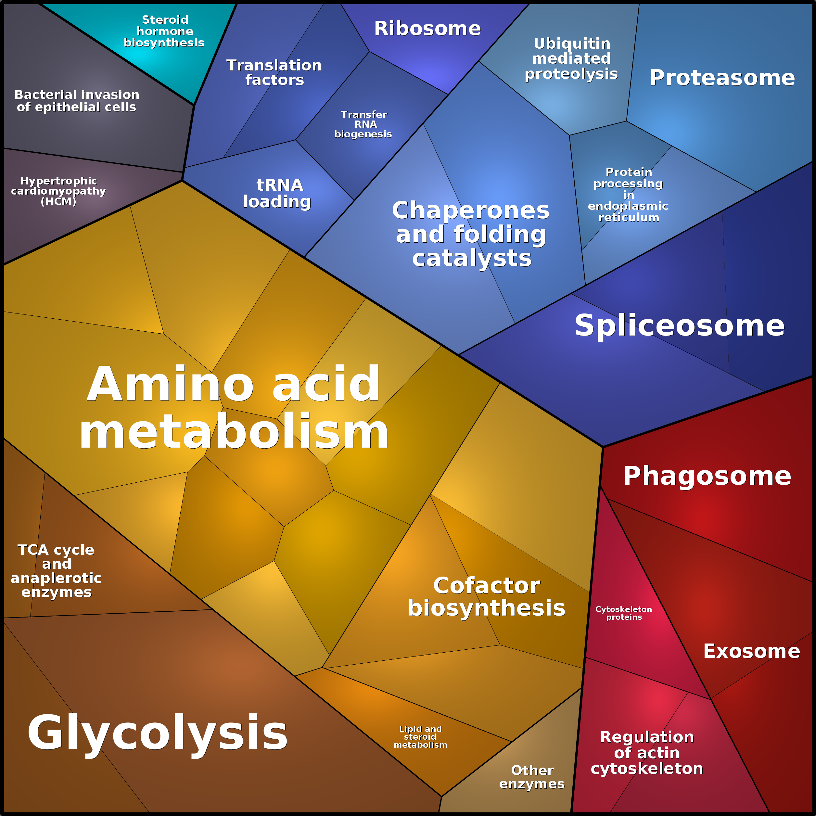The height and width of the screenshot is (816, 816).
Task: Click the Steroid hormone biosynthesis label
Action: click(x=164, y=31)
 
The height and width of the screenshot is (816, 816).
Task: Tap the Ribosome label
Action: click(x=427, y=29)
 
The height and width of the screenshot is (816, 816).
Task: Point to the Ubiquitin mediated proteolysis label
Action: click(x=571, y=59)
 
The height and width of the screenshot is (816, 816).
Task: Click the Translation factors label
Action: click(x=274, y=73)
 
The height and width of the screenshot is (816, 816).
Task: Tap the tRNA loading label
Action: click(x=277, y=193)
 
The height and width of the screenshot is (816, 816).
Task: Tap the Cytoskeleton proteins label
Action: click(x=624, y=613)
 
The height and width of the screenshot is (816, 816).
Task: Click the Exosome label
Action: click(x=752, y=651)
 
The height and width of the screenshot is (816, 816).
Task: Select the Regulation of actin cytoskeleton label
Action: click(x=647, y=753)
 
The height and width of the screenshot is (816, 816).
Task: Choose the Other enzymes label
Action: click(x=532, y=777)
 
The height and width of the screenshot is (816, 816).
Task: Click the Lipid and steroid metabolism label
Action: click(x=421, y=737)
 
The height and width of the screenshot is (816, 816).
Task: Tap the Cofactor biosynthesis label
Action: click(x=487, y=597)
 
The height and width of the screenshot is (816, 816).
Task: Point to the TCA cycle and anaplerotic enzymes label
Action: click(x=56, y=571)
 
